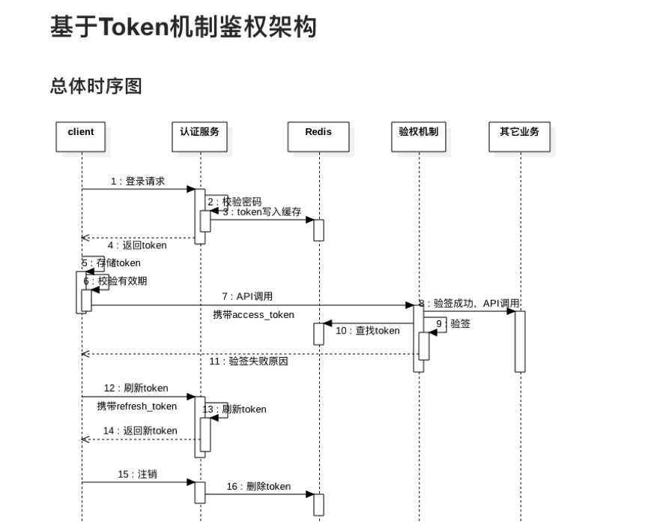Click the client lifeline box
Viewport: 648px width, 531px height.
[81, 136]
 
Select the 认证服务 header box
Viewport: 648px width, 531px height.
[200, 136]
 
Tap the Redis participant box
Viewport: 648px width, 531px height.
[318, 136]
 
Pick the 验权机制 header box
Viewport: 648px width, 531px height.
[419, 136]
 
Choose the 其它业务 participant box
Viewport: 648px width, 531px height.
[519, 136]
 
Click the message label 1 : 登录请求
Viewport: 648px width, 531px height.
[138, 181]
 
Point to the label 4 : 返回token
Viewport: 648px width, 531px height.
[137, 245]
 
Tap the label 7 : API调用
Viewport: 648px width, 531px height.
[247, 297]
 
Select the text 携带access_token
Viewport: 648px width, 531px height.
[253, 315]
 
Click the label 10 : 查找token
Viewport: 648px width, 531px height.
[368, 331]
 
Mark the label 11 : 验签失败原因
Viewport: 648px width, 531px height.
[249, 361]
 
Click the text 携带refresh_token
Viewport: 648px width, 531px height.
[137, 406]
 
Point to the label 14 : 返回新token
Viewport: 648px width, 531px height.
[140, 431]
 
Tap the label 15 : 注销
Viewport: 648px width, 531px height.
[138, 475]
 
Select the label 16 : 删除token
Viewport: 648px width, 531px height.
[258, 487]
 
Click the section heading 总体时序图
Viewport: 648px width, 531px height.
[96, 86]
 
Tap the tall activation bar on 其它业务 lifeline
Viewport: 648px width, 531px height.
[520, 340]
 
